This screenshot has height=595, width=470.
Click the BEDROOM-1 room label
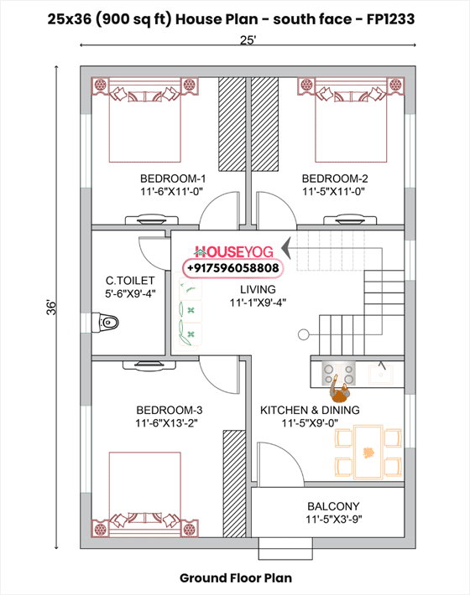click(x=172, y=178)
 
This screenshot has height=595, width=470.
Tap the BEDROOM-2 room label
click(x=335, y=178)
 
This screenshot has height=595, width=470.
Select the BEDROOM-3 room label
click(x=169, y=410)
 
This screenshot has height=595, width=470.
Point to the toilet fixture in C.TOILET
click(x=109, y=323)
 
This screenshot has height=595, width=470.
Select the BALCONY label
click(x=333, y=506)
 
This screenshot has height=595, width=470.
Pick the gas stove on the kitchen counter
click(x=339, y=370)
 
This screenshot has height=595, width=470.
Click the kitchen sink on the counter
click(x=382, y=370)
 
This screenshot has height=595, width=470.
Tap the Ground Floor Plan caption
click(x=234, y=577)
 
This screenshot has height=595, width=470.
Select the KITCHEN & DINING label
click(x=310, y=410)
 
